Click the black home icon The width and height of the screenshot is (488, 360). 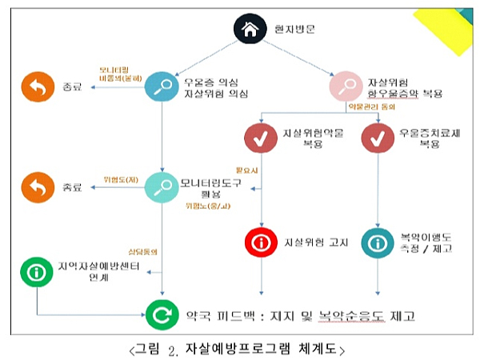pyautogui.click(x=249, y=30)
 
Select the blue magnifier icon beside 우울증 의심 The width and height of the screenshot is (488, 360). pyautogui.click(x=160, y=86)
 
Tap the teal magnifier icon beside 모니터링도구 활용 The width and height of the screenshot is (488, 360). pyautogui.click(x=160, y=188)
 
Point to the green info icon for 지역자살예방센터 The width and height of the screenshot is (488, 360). pyautogui.click(x=35, y=273)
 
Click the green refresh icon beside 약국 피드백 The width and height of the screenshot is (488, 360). pyautogui.click(x=160, y=314)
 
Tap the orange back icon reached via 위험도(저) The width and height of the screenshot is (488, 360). pyautogui.click(x=35, y=188)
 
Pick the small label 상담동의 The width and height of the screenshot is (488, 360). pyautogui.click(x=142, y=251)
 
